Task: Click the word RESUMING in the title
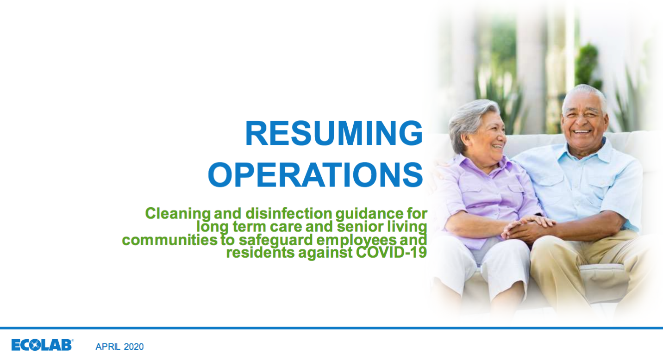[x=334, y=133]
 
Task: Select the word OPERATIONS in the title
[x=315, y=174]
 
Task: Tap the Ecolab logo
[x=42, y=345]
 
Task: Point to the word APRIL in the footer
[x=108, y=347]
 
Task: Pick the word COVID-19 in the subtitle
[x=391, y=252]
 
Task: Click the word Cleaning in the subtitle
[x=178, y=214]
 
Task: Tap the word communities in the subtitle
[x=169, y=240]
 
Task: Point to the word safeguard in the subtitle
[x=275, y=240]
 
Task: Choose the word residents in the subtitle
[x=261, y=253]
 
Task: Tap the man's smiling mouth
[x=582, y=131]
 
